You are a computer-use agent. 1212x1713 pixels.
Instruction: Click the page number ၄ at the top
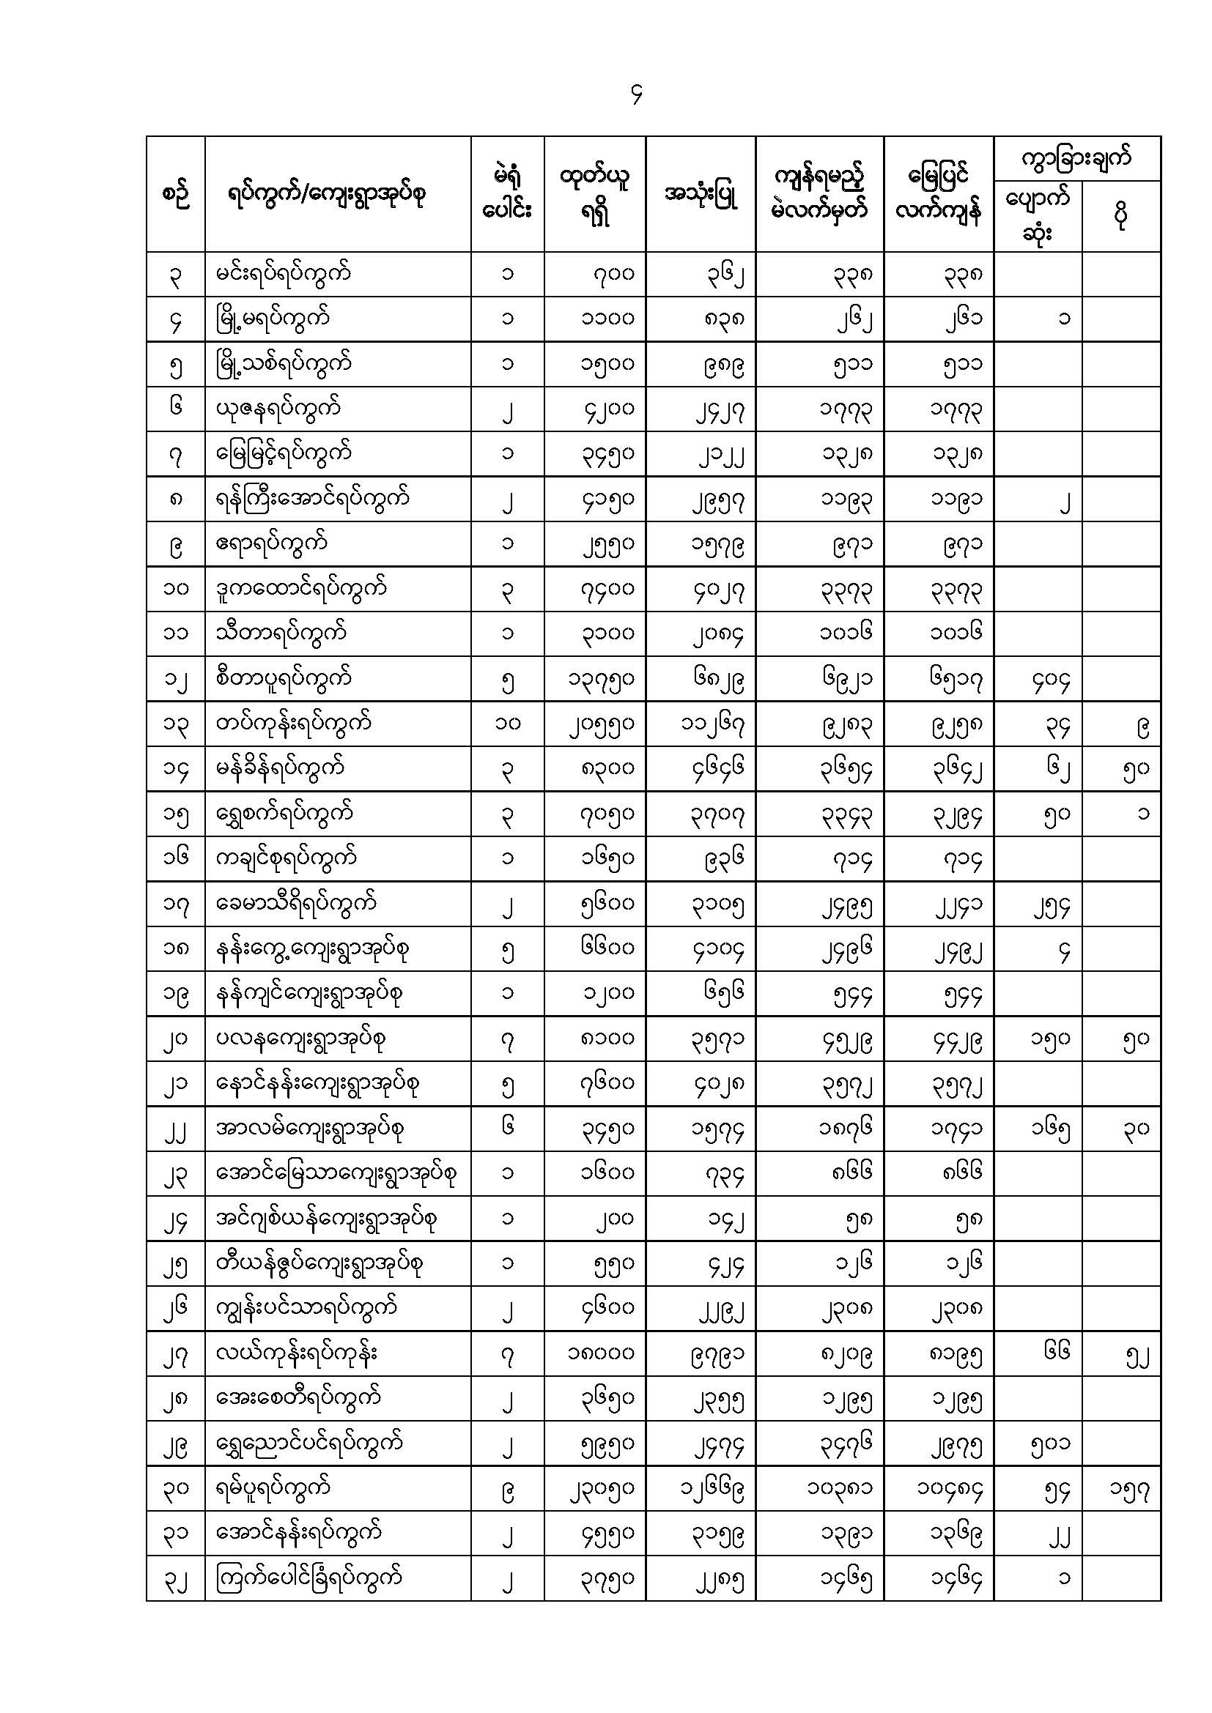[x=636, y=94]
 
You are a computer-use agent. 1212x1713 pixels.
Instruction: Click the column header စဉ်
[x=175, y=195]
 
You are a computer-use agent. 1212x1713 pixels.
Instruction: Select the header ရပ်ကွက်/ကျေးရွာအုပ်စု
[x=327, y=195]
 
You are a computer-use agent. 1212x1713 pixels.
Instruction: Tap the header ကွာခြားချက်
[x=1076, y=158]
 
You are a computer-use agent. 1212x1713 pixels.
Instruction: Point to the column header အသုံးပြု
[x=701, y=195]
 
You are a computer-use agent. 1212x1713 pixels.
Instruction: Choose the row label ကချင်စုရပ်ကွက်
[x=286, y=858]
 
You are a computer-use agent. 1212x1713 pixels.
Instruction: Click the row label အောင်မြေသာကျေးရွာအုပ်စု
[x=336, y=1173]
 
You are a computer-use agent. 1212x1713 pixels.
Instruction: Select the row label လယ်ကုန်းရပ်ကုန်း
[x=296, y=1353]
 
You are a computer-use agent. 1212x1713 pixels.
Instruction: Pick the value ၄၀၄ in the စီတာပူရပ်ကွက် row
[x=1051, y=679]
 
